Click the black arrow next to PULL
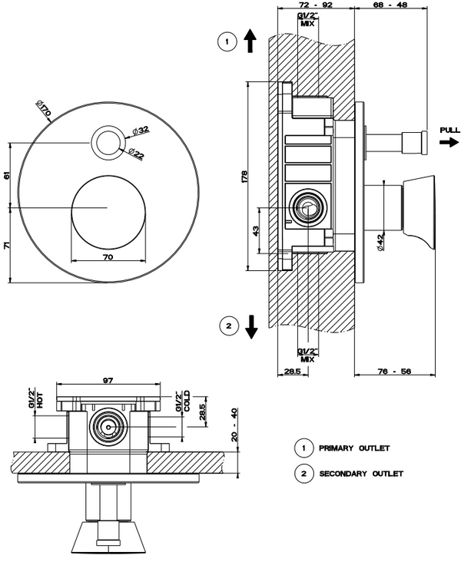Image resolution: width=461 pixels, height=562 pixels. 448,142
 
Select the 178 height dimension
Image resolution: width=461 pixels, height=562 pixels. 244,176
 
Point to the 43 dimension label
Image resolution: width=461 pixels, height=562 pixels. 256,230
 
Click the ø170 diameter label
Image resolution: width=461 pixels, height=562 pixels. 43,111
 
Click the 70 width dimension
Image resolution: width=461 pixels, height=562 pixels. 108,256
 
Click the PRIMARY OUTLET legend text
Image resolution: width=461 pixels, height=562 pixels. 354,448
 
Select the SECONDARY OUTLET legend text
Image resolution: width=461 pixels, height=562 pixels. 361,474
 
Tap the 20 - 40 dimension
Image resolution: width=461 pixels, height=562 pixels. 234,423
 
